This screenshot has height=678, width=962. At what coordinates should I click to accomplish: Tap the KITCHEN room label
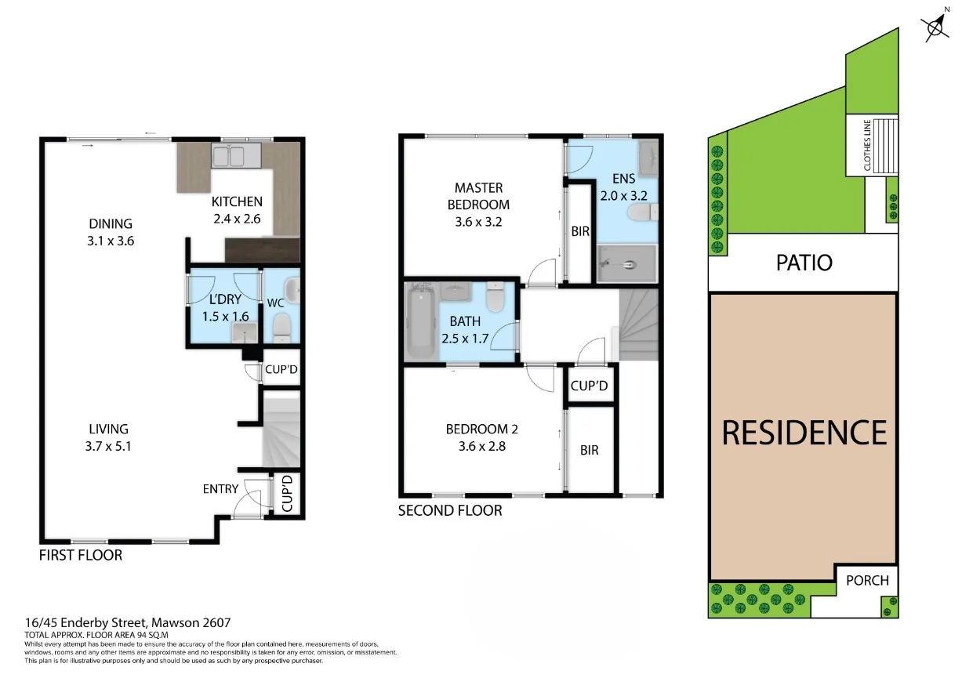(237, 202)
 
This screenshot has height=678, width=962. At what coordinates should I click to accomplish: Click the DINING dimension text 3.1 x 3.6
(111, 241)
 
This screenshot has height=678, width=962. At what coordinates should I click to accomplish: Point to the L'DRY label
(225, 299)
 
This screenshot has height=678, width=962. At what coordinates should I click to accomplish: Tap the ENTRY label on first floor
(220, 489)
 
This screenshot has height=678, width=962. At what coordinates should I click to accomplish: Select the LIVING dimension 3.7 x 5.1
(108, 447)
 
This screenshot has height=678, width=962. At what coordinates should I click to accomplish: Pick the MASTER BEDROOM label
(478, 196)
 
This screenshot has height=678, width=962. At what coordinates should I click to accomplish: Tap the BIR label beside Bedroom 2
(590, 450)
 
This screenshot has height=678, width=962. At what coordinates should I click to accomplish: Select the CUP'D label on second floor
(589, 386)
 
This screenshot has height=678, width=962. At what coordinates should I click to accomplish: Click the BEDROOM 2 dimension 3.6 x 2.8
(481, 447)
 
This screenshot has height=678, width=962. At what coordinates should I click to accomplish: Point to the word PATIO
(804, 262)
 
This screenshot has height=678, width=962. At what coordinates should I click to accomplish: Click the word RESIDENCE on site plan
(804, 433)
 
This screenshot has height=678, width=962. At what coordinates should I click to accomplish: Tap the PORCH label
(868, 580)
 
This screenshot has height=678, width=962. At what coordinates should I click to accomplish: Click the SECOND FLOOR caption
(449, 511)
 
